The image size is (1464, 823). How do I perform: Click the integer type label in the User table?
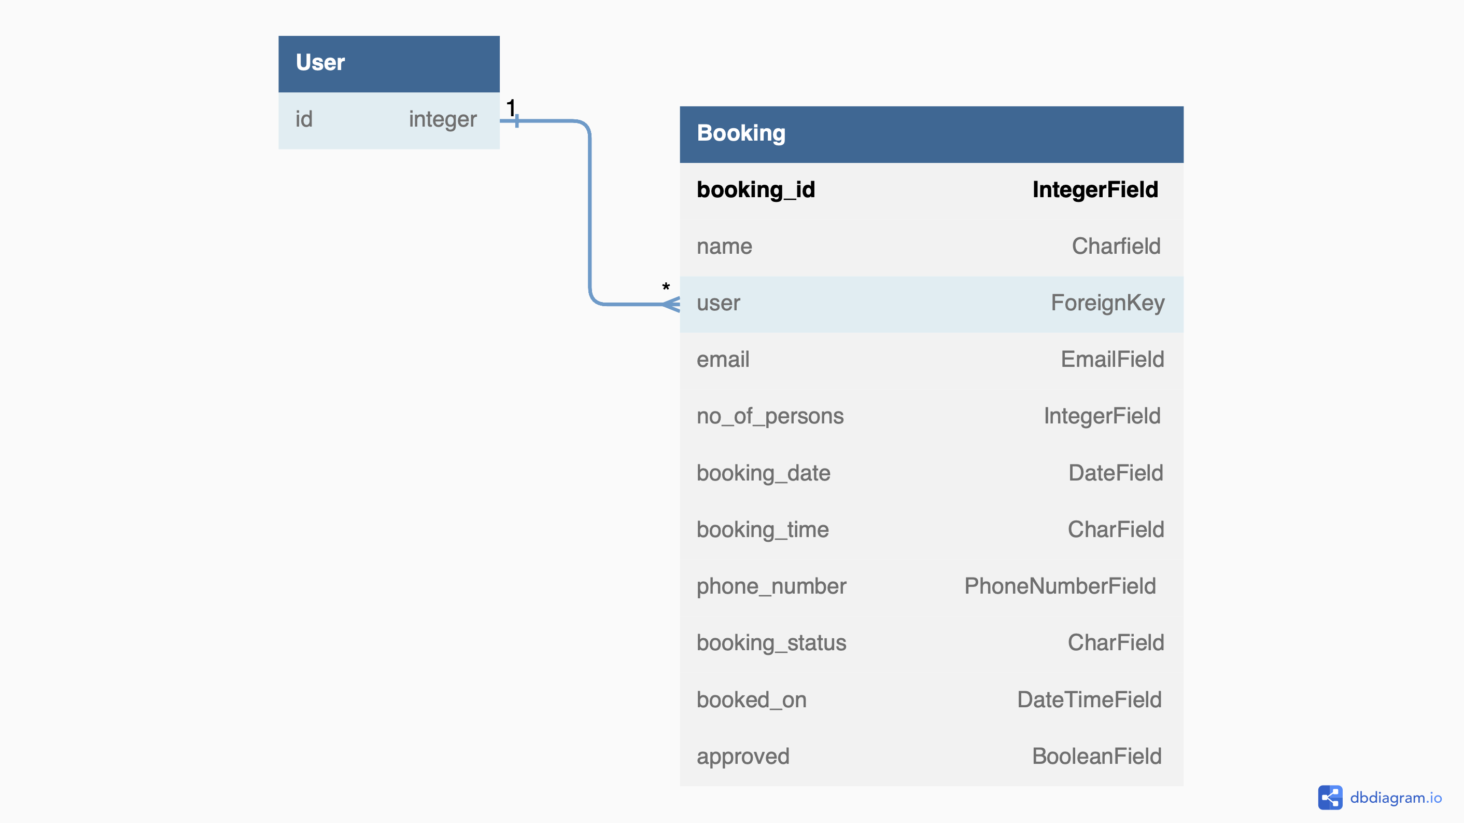pos(442,119)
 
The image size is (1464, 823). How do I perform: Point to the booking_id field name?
pos(755,190)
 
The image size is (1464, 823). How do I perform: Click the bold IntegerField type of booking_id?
pos(1094,190)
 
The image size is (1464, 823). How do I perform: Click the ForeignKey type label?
pos(1107,303)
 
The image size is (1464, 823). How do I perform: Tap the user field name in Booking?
pos(719,303)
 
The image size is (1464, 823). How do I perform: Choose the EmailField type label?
pos(1111,360)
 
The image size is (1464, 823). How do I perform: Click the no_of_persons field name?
pos(769,416)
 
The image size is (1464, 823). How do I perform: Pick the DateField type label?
pos(1115,473)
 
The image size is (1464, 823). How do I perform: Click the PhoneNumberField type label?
pos(1059,586)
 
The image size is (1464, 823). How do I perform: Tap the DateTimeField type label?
pos(1089,699)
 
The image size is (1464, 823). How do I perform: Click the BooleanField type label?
pos(1096,757)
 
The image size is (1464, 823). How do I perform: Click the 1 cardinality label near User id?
pos(510,107)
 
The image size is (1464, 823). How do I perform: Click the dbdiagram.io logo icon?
pos(1330,798)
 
